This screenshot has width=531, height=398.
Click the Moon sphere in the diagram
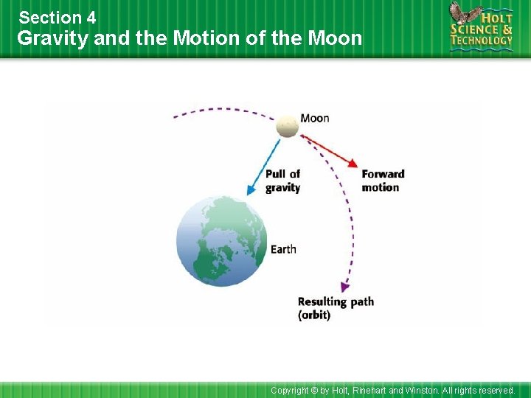pos(288,126)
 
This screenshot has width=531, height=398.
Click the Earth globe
pos(221,241)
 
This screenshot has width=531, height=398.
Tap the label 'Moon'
pos(315,118)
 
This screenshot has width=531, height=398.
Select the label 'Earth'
pos(283,249)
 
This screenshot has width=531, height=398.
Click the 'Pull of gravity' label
pos(282,181)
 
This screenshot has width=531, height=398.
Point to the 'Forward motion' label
pos(383,181)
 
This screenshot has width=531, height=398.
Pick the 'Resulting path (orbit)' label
pos(336,308)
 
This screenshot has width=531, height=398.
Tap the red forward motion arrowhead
pos(354,164)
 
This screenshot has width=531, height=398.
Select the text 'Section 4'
pos(58,17)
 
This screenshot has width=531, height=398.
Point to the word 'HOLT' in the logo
pos(496,15)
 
